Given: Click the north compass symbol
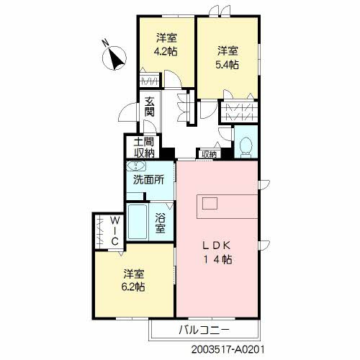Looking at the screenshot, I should pyautogui.click(x=114, y=57).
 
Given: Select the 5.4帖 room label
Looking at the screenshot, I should pyautogui.click(x=228, y=57).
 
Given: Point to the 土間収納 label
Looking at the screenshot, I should pyautogui.click(x=144, y=147).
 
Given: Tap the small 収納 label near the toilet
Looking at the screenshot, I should pyautogui.click(x=208, y=153).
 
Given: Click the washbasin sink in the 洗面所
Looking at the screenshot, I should pyautogui.click(x=135, y=166).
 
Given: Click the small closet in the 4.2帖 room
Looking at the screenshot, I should pyautogui.click(x=150, y=79).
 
